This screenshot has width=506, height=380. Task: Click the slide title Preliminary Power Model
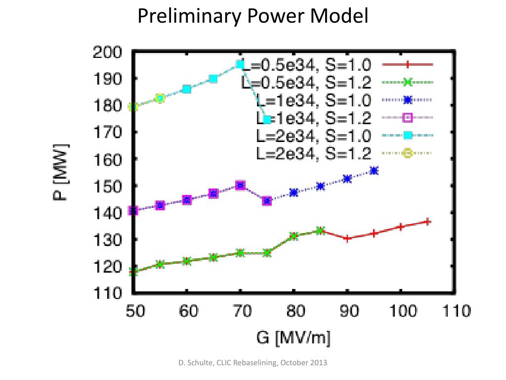click(253, 16)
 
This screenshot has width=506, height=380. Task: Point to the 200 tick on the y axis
click(107, 52)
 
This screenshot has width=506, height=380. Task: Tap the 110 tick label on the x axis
click(455, 312)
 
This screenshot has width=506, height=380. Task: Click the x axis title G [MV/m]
click(293, 338)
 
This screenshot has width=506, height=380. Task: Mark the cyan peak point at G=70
click(240, 64)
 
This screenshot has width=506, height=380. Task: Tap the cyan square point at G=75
click(267, 119)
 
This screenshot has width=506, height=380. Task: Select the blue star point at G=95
click(374, 171)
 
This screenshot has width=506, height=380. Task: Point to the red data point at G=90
click(347, 238)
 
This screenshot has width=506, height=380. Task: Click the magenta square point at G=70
click(240, 186)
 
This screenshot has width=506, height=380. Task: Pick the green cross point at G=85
click(320, 231)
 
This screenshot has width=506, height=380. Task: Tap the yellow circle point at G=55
click(160, 98)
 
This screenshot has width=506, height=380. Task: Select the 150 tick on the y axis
click(107, 186)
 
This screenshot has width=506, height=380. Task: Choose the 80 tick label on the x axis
click(294, 312)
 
